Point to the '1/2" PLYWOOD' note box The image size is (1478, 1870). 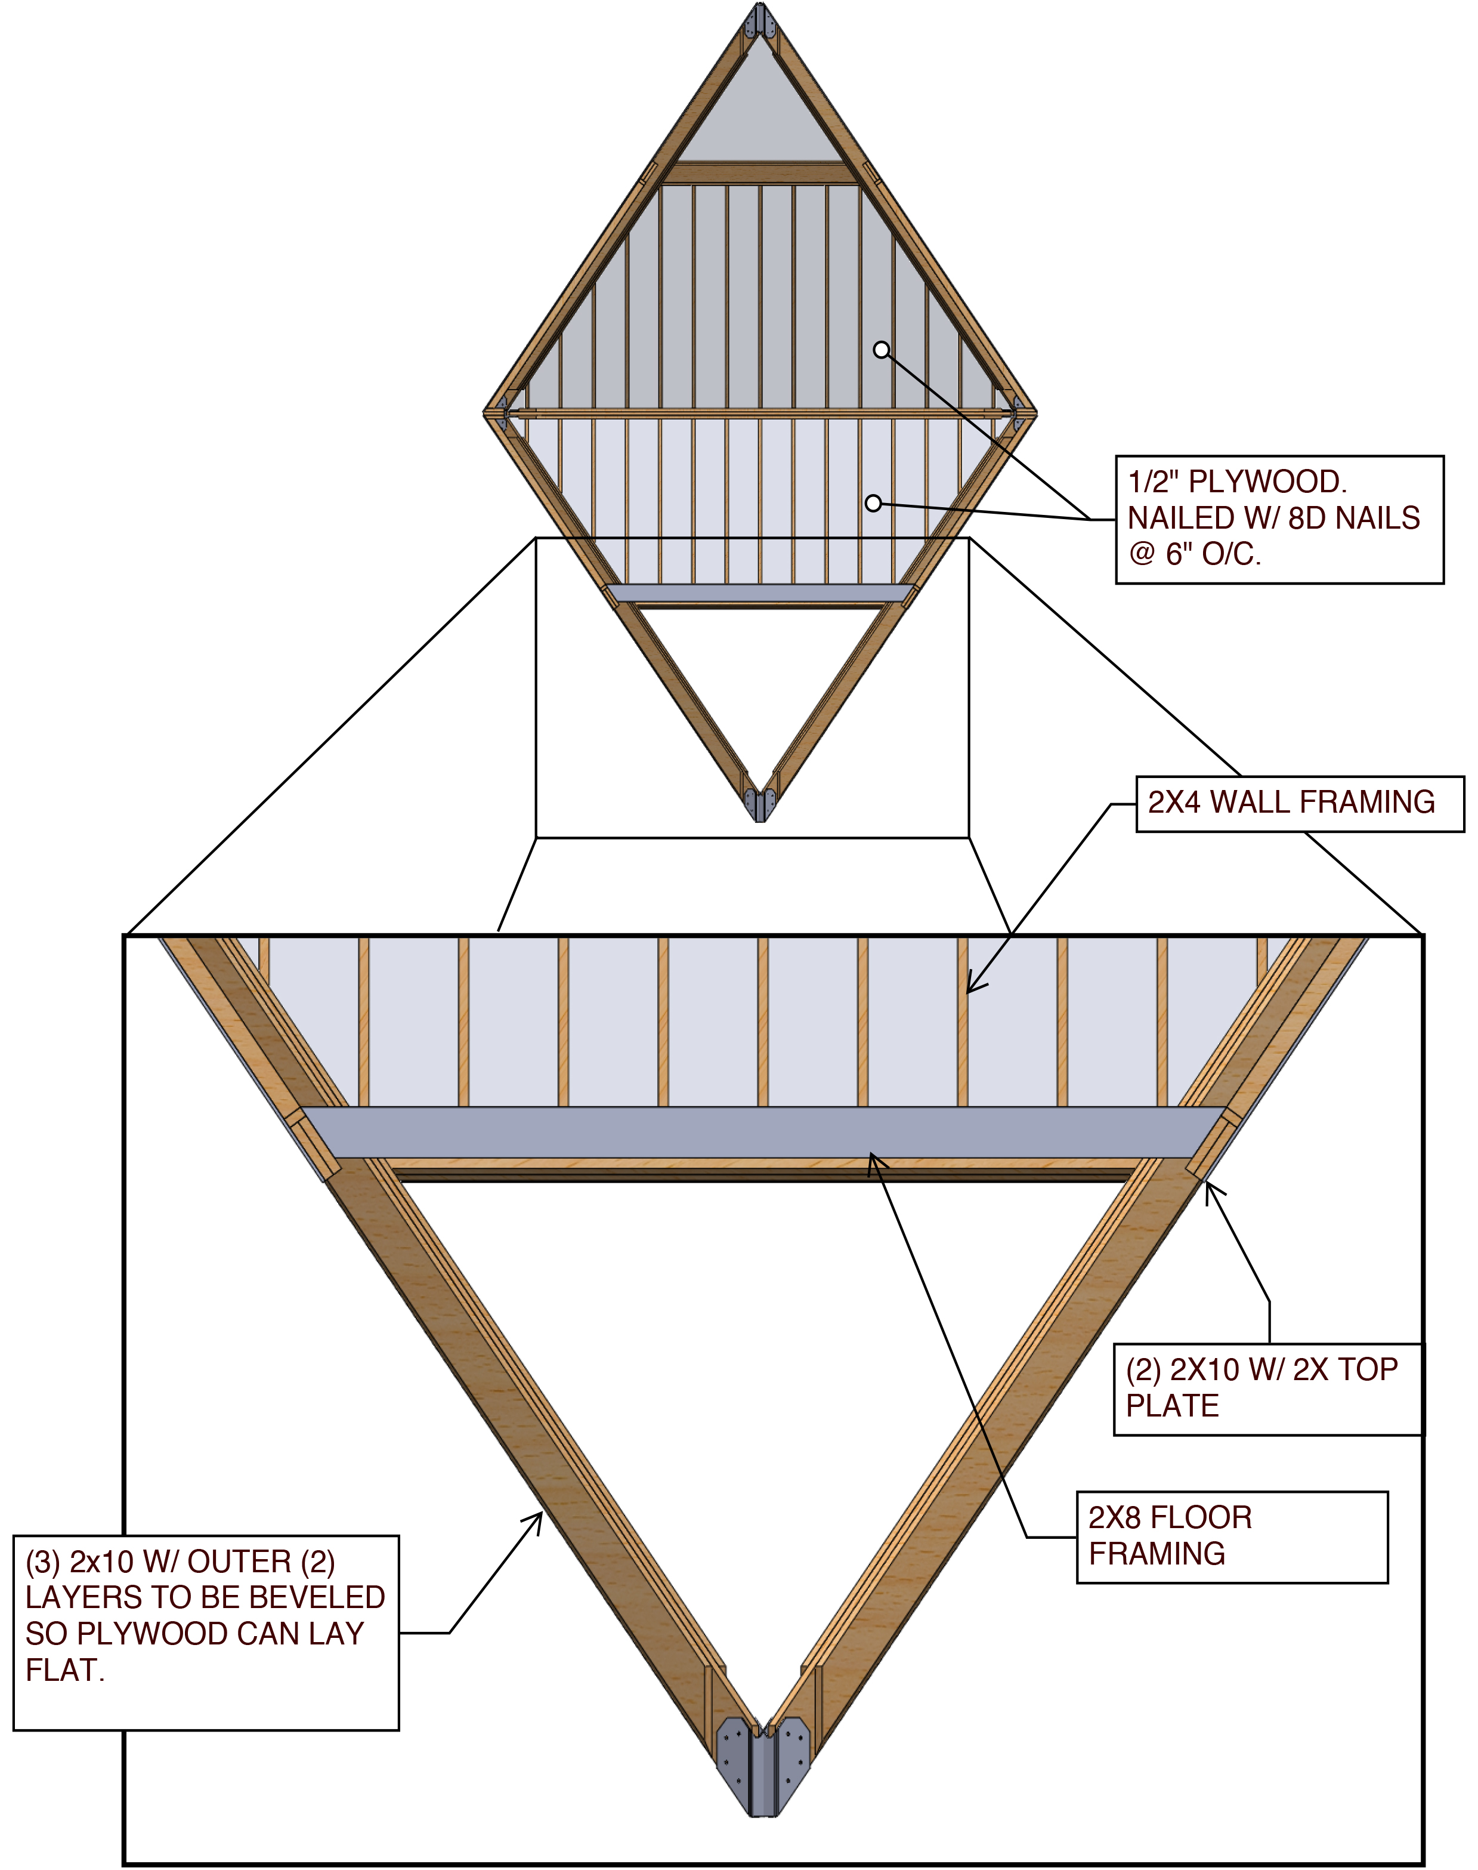(x=1279, y=520)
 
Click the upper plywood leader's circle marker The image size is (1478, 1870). (x=881, y=350)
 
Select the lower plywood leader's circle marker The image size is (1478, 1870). (x=873, y=503)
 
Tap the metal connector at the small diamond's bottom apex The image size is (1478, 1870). (x=760, y=803)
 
